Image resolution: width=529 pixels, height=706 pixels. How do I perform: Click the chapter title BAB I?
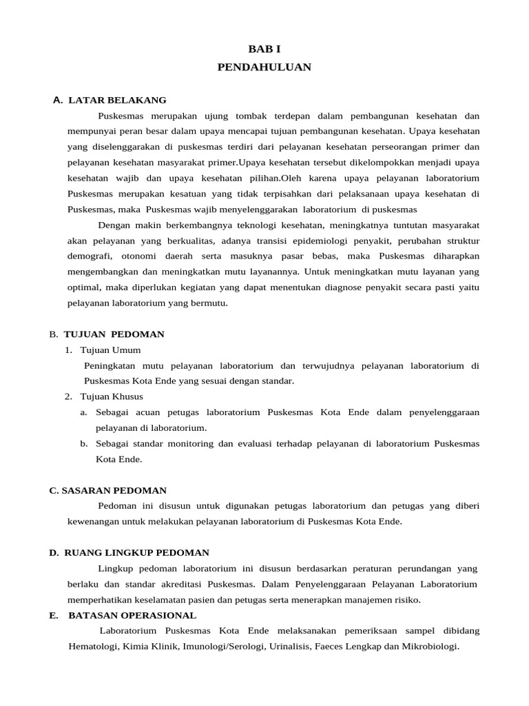click(264, 49)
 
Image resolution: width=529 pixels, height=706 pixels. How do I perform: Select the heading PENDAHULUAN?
click(264, 67)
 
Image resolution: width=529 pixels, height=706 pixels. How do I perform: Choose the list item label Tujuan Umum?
click(110, 350)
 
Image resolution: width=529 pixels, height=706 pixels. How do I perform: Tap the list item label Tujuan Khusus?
click(112, 396)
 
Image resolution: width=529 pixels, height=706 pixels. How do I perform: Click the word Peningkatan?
click(109, 365)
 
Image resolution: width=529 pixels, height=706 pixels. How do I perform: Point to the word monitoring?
click(187, 443)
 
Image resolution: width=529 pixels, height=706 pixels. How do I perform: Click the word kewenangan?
click(92, 521)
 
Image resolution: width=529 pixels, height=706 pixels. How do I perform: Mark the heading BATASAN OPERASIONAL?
click(132, 615)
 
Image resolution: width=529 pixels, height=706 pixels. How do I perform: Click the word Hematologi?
click(93, 647)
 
